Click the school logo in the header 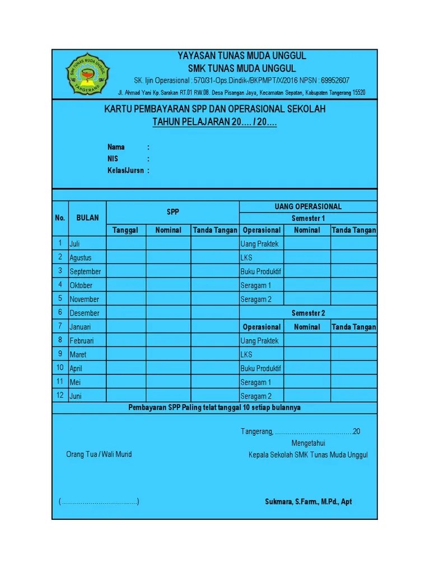(x=88, y=74)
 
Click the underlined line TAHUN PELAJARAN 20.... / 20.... (x=214, y=123)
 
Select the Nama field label (x=116, y=147)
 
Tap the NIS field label (x=113, y=159)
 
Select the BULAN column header (x=87, y=218)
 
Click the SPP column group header (x=172, y=212)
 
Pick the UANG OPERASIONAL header (x=308, y=206)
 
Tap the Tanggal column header (x=125, y=230)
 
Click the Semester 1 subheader (x=308, y=218)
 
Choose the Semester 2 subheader (x=308, y=313)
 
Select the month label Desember (x=85, y=313)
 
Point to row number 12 (x=60, y=396)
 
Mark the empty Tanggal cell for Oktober (x=126, y=285)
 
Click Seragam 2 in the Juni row (x=256, y=396)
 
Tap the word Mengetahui (x=308, y=443)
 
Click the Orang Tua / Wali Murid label (x=99, y=454)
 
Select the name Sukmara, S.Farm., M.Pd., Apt (x=308, y=502)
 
